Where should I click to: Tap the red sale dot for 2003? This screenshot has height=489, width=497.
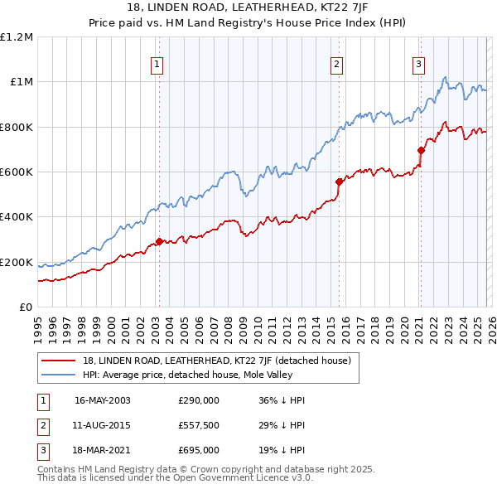click(159, 242)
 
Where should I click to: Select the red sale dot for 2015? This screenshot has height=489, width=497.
click(339, 182)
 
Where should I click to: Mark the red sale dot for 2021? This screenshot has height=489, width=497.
click(421, 151)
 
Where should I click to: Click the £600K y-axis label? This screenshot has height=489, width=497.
click(17, 172)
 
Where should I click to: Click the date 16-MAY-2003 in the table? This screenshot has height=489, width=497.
click(103, 400)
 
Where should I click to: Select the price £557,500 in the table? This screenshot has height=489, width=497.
click(199, 425)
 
